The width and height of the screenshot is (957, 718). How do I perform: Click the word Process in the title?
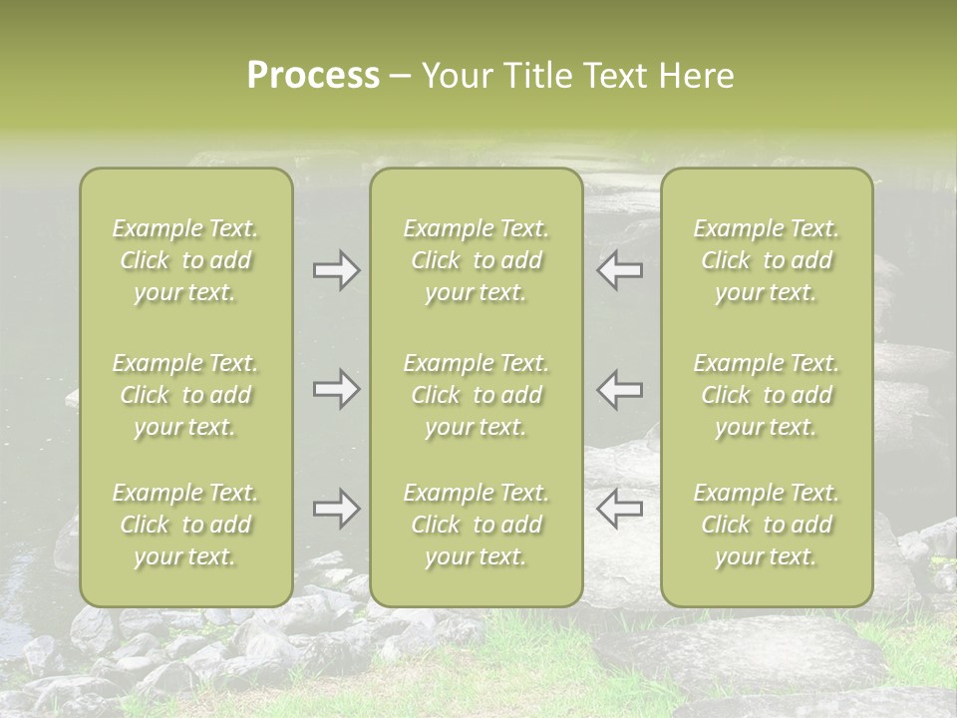313,76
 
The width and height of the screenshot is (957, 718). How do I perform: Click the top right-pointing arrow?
336,270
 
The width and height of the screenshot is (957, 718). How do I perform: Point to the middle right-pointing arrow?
336,388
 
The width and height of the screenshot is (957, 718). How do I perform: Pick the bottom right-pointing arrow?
336,509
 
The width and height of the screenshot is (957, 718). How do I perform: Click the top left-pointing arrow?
619,270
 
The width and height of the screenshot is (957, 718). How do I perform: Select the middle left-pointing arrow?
619,388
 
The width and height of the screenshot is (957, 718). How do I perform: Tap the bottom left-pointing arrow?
619,509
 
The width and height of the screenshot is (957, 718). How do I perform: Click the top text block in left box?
185,260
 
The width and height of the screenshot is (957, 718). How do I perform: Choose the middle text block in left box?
185,395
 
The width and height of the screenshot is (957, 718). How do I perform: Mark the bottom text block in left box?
185,525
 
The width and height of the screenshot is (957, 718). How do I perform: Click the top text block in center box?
476,260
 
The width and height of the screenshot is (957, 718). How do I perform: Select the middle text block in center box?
476,395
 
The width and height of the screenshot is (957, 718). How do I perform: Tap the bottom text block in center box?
476,525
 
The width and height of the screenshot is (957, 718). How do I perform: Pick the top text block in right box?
766,260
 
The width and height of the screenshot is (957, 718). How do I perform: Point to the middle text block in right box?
766,395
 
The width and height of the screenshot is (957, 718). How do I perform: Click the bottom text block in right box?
766,525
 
